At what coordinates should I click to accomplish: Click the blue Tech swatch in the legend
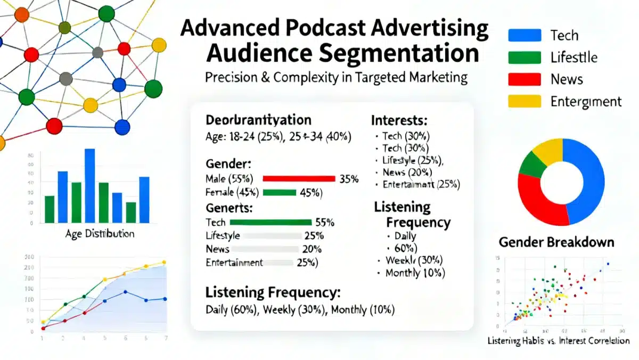click(525, 35)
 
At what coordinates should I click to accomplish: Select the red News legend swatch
click(525, 79)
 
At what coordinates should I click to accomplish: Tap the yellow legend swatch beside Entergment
click(525, 101)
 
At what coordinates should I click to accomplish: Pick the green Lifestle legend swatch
click(525, 58)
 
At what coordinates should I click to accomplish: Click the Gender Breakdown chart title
click(556, 243)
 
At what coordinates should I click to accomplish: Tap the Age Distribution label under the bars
click(100, 234)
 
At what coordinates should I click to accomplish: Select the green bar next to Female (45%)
click(279, 193)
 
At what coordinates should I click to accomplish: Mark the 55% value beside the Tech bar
click(324, 223)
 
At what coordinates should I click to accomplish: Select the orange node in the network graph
click(22, 14)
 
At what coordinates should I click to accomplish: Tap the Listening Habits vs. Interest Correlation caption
click(559, 341)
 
